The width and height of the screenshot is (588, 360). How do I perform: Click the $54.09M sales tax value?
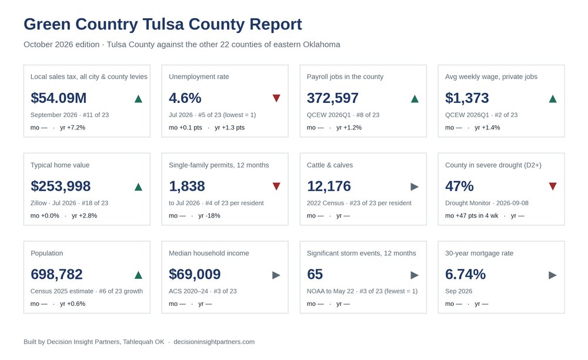[x=58, y=98]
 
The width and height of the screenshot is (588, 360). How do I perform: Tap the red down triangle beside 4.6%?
[x=276, y=98]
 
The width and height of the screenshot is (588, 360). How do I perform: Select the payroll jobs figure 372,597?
[x=333, y=98]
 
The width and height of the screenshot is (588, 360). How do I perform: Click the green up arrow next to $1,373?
[x=553, y=99]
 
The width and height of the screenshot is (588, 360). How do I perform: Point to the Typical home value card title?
[x=60, y=165]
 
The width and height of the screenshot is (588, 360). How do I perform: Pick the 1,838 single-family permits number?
[x=187, y=186]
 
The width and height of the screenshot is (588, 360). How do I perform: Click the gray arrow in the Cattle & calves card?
[x=415, y=186]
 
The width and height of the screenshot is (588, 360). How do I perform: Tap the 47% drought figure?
[x=459, y=186]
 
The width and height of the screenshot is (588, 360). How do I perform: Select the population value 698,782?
[x=56, y=274]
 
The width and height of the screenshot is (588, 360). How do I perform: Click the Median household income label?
[x=209, y=253]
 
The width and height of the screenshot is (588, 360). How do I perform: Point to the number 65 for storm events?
[x=315, y=274]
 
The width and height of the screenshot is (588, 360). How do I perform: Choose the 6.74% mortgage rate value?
[x=465, y=274]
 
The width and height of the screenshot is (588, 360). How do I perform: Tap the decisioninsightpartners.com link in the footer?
[x=214, y=342]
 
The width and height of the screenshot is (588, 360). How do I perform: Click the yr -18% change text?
[x=209, y=216]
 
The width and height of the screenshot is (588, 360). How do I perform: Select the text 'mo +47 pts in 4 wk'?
[x=472, y=216]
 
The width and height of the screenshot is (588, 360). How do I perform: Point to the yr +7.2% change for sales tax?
[x=73, y=128]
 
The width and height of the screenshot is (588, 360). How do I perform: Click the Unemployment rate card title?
[x=199, y=76]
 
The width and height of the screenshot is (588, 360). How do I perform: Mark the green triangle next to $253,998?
[x=138, y=186]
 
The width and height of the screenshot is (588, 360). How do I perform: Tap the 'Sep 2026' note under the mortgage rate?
[x=459, y=291]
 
